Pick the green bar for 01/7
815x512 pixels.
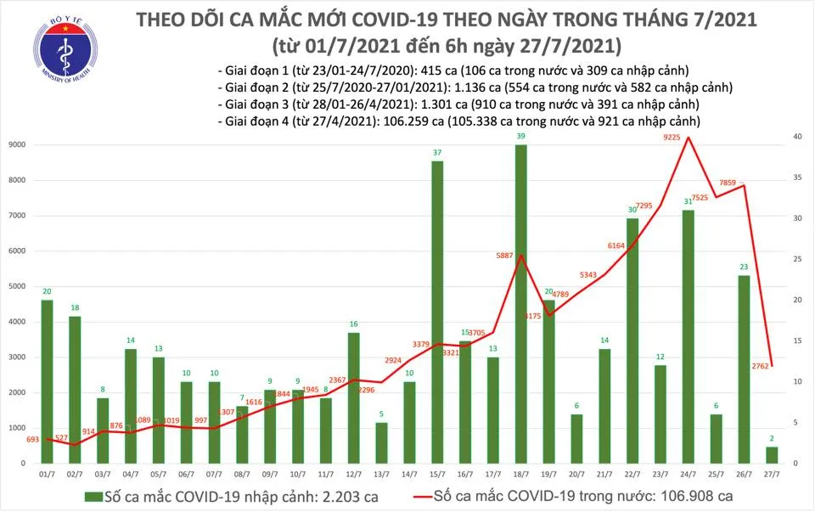click(47, 381)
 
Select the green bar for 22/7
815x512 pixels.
click(632, 340)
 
